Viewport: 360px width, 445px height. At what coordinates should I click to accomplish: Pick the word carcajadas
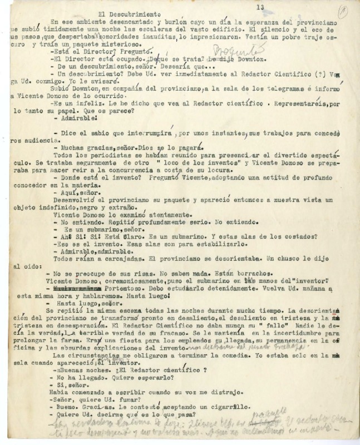[x=125, y=259]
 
